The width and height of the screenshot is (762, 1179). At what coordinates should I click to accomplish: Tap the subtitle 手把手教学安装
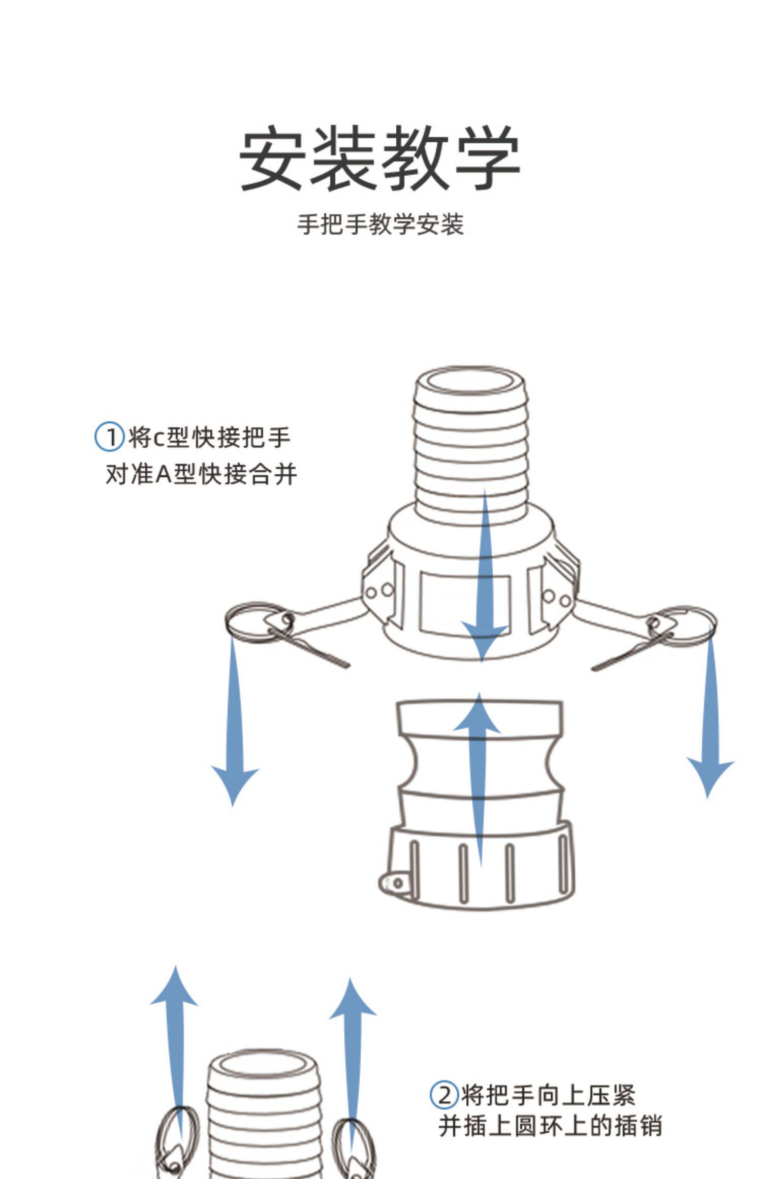click(x=380, y=224)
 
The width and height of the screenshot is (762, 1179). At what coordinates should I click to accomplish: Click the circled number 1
click(x=109, y=437)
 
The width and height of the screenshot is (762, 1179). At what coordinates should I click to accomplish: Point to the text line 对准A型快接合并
click(x=201, y=474)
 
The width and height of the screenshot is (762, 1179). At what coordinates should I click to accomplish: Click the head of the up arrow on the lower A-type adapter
click(x=478, y=716)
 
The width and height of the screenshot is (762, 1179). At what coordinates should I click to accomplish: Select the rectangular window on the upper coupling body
click(x=464, y=604)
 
